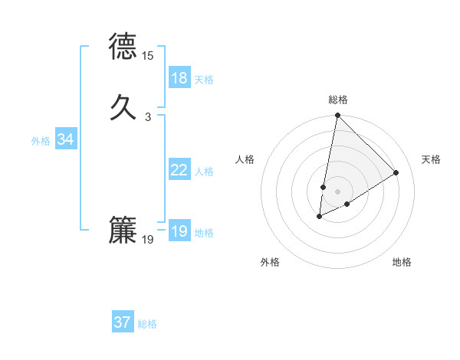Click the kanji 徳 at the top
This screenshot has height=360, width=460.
click(x=123, y=47)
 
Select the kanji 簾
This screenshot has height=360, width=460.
click(x=123, y=231)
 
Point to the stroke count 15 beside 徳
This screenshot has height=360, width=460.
click(x=148, y=56)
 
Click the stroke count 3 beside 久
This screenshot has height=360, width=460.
click(x=148, y=117)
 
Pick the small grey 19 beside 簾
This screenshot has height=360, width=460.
click(x=148, y=241)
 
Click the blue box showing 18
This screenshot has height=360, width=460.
click(x=179, y=78)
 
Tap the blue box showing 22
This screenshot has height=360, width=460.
click(x=179, y=170)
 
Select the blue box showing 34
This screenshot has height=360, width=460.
click(x=66, y=139)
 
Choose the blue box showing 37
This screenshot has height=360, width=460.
click(x=123, y=322)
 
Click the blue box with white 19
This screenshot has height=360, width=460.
click(x=179, y=231)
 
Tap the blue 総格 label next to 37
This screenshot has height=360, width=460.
click(x=147, y=324)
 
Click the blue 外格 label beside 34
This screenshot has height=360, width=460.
click(x=41, y=141)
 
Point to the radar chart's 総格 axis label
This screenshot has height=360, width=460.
click(x=337, y=100)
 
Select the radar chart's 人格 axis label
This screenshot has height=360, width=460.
click(x=245, y=159)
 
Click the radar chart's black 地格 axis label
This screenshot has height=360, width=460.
click(x=402, y=263)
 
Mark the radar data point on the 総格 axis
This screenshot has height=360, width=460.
click(x=337, y=116)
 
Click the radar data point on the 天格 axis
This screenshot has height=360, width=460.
click(x=396, y=173)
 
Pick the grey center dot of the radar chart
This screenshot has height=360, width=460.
click(x=337, y=191)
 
